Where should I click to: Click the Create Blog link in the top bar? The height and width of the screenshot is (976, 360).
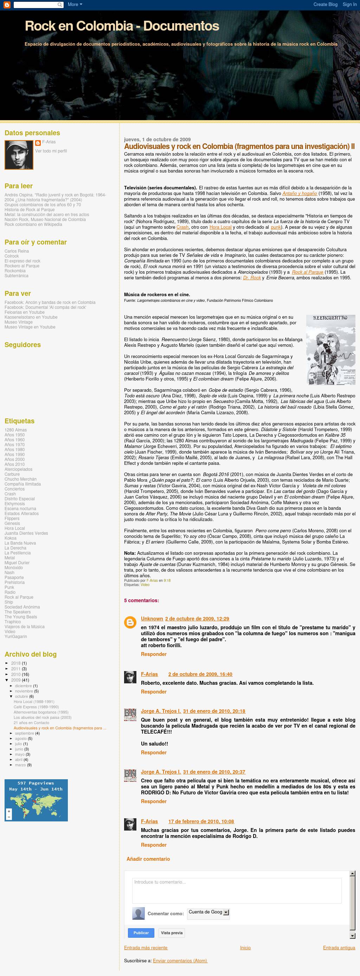click(x=325, y=5)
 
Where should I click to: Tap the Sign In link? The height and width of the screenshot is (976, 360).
click(x=349, y=5)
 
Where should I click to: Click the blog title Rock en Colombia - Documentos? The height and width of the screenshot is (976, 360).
click(x=122, y=26)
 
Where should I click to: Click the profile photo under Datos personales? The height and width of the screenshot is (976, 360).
click(x=19, y=155)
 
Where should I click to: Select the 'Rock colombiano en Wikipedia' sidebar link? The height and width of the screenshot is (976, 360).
click(x=33, y=224)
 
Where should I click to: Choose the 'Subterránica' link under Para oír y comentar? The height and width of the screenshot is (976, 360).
click(x=16, y=276)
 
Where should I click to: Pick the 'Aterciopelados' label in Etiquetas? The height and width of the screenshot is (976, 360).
click(x=18, y=469)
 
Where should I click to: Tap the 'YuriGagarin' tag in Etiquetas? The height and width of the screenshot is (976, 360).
click(x=15, y=637)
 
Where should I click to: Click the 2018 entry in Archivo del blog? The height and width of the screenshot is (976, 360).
click(x=16, y=663)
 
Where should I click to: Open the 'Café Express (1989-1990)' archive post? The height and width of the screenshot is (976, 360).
click(x=36, y=707)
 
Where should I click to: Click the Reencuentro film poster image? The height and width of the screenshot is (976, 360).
click(x=330, y=350)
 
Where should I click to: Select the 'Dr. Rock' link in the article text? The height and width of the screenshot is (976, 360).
click(x=252, y=278)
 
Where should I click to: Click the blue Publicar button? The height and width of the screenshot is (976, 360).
click(x=141, y=933)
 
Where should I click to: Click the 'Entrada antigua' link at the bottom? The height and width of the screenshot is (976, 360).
click(x=339, y=948)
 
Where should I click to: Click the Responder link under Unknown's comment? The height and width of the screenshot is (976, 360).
click(x=154, y=654)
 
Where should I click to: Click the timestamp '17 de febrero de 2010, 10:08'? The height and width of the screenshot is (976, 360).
click(x=201, y=821)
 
